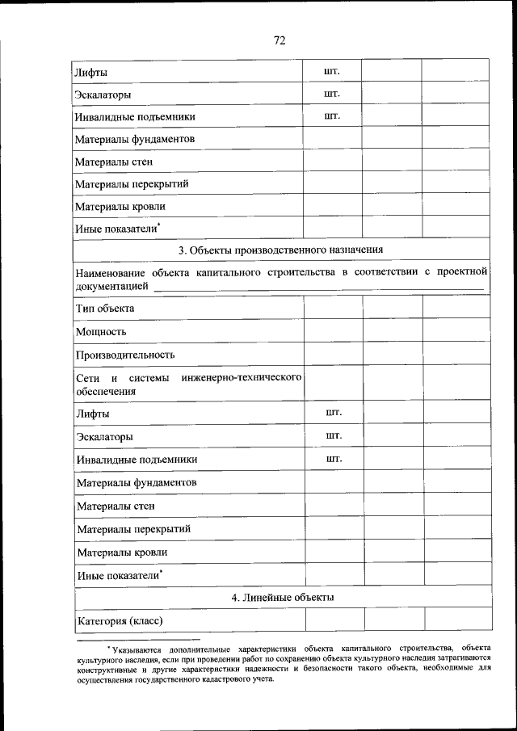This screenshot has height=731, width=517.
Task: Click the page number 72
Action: tap(280, 40)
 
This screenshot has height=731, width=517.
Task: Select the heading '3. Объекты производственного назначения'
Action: tap(280, 249)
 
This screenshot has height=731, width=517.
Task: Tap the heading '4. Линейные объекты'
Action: tap(281, 598)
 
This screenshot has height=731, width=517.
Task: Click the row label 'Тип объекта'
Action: tap(105, 309)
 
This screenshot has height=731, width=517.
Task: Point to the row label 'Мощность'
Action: tap(101, 332)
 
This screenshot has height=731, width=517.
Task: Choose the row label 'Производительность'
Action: tap(125, 355)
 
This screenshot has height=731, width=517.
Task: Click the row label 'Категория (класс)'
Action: tap(120, 621)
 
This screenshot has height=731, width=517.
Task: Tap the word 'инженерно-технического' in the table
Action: tap(242, 378)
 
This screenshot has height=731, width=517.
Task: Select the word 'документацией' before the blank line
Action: tap(111, 286)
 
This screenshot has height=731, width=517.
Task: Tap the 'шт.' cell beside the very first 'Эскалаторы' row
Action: tap(331, 94)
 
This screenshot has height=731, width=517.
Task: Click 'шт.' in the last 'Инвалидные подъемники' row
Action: tap(334, 459)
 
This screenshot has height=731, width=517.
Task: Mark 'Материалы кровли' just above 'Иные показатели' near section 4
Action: tap(123, 552)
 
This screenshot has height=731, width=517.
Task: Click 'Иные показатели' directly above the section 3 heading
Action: tap(117, 229)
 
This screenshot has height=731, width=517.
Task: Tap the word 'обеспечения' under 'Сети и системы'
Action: tap(106, 392)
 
